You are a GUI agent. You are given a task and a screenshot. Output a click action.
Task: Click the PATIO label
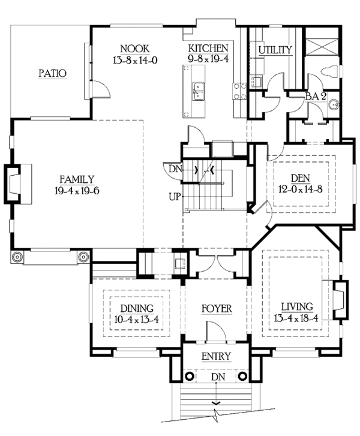click(x=52, y=73)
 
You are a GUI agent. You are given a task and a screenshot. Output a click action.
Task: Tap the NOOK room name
click(x=135, y=49)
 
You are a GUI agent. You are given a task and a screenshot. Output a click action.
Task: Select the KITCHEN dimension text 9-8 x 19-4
click(x=208, y=59)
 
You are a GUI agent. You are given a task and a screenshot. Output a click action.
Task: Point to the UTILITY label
click(x=275, y=50)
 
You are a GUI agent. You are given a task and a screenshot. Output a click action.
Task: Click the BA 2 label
click(x=316, y=97)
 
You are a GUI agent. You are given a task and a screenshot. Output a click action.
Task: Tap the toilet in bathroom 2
click(x=329, y=71)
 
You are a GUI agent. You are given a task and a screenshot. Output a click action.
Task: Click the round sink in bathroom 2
click(x=333, y=104)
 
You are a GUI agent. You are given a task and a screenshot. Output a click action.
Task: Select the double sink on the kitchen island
click(x=199, y=91)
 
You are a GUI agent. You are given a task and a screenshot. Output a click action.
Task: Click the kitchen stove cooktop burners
click(x=239, y=92)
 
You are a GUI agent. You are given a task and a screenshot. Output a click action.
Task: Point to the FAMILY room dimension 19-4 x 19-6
click(x=77, y=191)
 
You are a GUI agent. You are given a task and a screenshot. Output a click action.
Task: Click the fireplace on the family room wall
click(x=17, y=184)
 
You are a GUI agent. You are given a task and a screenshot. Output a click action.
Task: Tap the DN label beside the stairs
click(x=175, y=169)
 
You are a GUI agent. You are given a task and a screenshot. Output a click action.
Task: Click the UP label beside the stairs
click(x=175, y=197)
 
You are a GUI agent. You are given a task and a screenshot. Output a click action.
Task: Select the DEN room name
click(x=301, y=178)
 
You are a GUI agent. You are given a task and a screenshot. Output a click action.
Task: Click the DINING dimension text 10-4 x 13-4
click(x=136, y=320)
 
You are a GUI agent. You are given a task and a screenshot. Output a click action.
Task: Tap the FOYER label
click(x=217, y=309)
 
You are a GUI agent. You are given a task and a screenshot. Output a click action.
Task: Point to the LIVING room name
click(x=297, y=306)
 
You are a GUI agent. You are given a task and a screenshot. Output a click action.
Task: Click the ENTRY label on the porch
click(x=216, y=356)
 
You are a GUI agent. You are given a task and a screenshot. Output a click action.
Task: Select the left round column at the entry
click(x=190, y=376)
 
